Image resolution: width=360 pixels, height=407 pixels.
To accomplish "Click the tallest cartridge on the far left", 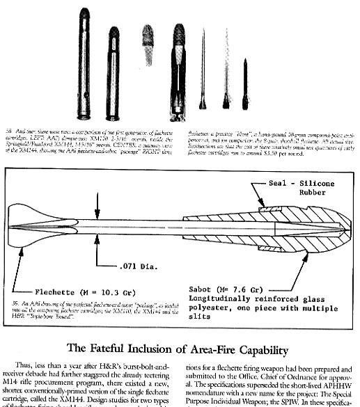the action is [84, 63].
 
